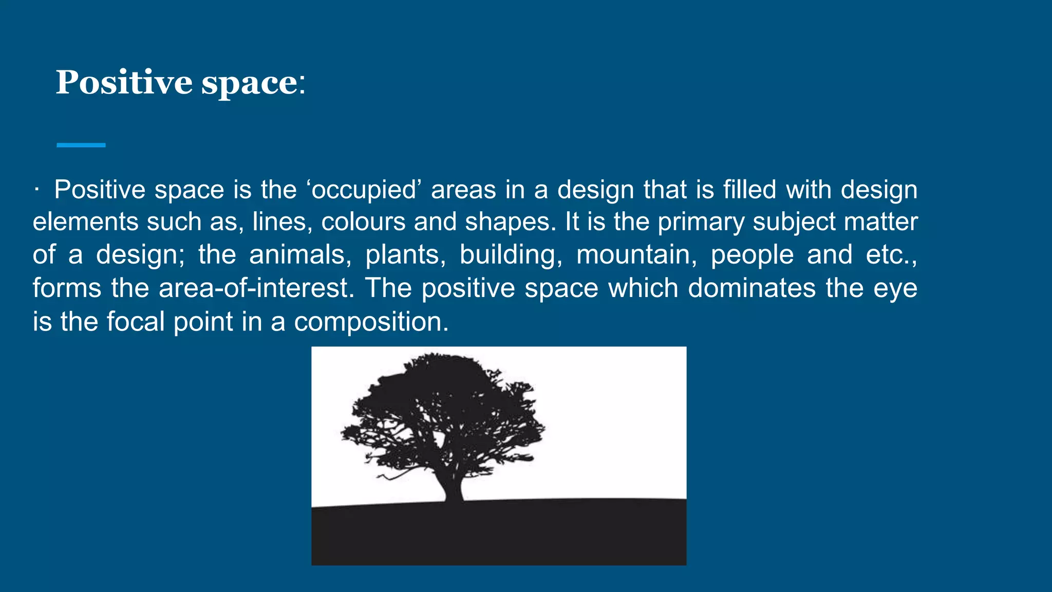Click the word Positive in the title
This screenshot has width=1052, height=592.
(x=124, y=82)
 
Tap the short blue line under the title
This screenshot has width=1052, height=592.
(x=81, y=145)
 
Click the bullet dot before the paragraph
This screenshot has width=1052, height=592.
(x=36, y=190)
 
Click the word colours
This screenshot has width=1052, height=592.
(x=363, y=222)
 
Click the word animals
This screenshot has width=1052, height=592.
(x=299, y=255)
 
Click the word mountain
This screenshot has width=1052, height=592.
(x=636, y=255)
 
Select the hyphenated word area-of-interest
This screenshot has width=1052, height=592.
(x=255, y=288)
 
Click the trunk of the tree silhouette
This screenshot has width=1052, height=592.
(x=453, y=486)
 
